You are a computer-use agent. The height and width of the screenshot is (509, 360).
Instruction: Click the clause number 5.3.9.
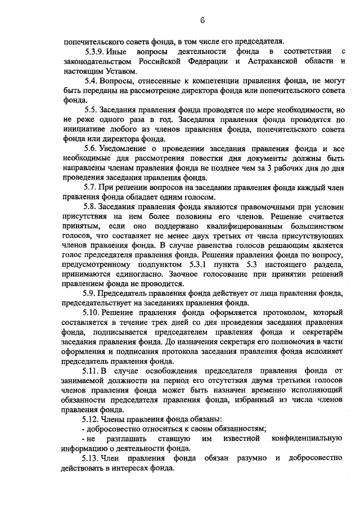pyautogui.click(x=94, y=51)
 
